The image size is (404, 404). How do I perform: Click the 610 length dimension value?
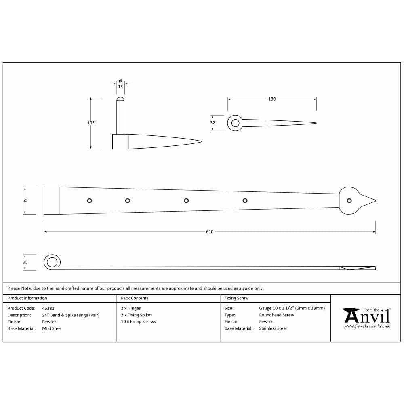pos(210,232)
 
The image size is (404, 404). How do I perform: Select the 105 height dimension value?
pos(90,123)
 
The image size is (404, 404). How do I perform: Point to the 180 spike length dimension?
pos(272,99)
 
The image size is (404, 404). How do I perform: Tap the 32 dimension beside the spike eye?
pos(213,123)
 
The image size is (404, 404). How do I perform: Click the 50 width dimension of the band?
pos(25,200)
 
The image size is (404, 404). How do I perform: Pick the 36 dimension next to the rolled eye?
pos(25,262)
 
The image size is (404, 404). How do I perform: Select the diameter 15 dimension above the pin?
pos(120,86)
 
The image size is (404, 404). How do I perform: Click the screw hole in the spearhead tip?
pos(349,200)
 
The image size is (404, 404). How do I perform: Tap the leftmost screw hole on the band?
pos(90,200)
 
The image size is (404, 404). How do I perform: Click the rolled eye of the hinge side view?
pos(52,262)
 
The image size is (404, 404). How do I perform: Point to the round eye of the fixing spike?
pos(235,123)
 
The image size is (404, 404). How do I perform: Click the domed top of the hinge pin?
pos(120,99)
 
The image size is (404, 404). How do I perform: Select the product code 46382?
pos(48,308)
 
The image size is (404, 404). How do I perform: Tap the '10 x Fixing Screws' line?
pos(138,322)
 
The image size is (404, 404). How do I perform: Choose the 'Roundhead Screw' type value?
pos(276,315)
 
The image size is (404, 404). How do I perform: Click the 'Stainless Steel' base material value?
pos(273,328)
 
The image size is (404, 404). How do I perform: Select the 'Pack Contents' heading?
pos(135,298)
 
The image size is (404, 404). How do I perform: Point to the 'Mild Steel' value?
pos(52,328)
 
